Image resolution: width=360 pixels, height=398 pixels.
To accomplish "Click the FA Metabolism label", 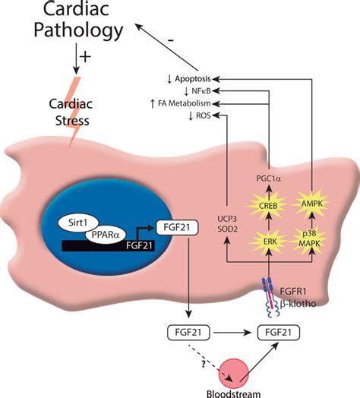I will click(x=178, y=103).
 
